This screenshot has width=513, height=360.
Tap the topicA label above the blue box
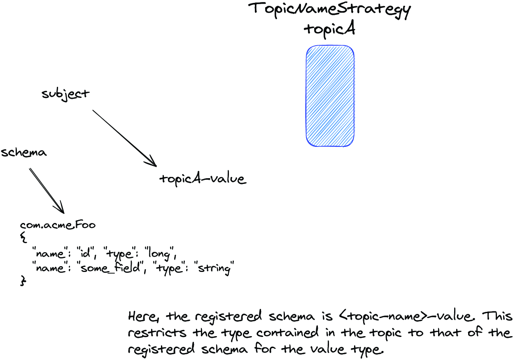click(329, 29)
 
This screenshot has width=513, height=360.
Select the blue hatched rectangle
click(330, 96)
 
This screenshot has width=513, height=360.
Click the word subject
click(65, 95)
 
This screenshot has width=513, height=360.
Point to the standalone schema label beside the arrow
click(23, 152)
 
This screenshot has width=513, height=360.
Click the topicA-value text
click(203, 179)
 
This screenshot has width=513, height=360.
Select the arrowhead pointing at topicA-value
click(152, 161)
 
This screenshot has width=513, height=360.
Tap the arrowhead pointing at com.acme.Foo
click(60, 208)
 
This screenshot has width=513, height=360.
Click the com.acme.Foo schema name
click(58, 225)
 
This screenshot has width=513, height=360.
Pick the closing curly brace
click(23, 281)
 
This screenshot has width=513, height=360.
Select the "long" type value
click(160, 253)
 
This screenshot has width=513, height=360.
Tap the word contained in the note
click(287, 332)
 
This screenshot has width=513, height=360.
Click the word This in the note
click(497, 316)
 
